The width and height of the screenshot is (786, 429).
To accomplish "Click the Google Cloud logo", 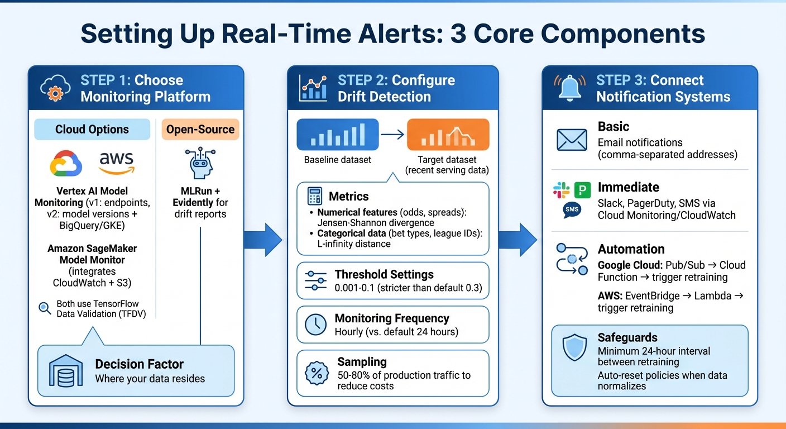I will (66, 164).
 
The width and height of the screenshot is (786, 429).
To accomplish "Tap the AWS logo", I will (117, 163).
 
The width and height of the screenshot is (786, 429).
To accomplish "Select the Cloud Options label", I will (92, 130).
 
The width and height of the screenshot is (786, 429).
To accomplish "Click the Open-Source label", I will (200, 130).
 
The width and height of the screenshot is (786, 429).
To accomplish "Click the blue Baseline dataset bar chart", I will (338, 135).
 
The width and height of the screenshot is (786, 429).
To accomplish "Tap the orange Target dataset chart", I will (448, 135).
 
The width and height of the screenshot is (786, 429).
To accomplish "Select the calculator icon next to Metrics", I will (315, 197).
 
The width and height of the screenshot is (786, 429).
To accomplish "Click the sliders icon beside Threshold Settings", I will (316, 280).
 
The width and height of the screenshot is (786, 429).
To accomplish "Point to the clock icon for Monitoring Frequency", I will (316, 325).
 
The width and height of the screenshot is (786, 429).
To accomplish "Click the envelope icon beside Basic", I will (572, 140).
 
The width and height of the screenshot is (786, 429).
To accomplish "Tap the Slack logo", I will (561, 190).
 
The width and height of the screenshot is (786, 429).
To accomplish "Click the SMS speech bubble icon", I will (572, 210).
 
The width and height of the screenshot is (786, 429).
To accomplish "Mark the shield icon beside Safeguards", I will (574, 348).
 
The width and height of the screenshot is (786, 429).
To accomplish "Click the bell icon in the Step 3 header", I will (571, 88).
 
